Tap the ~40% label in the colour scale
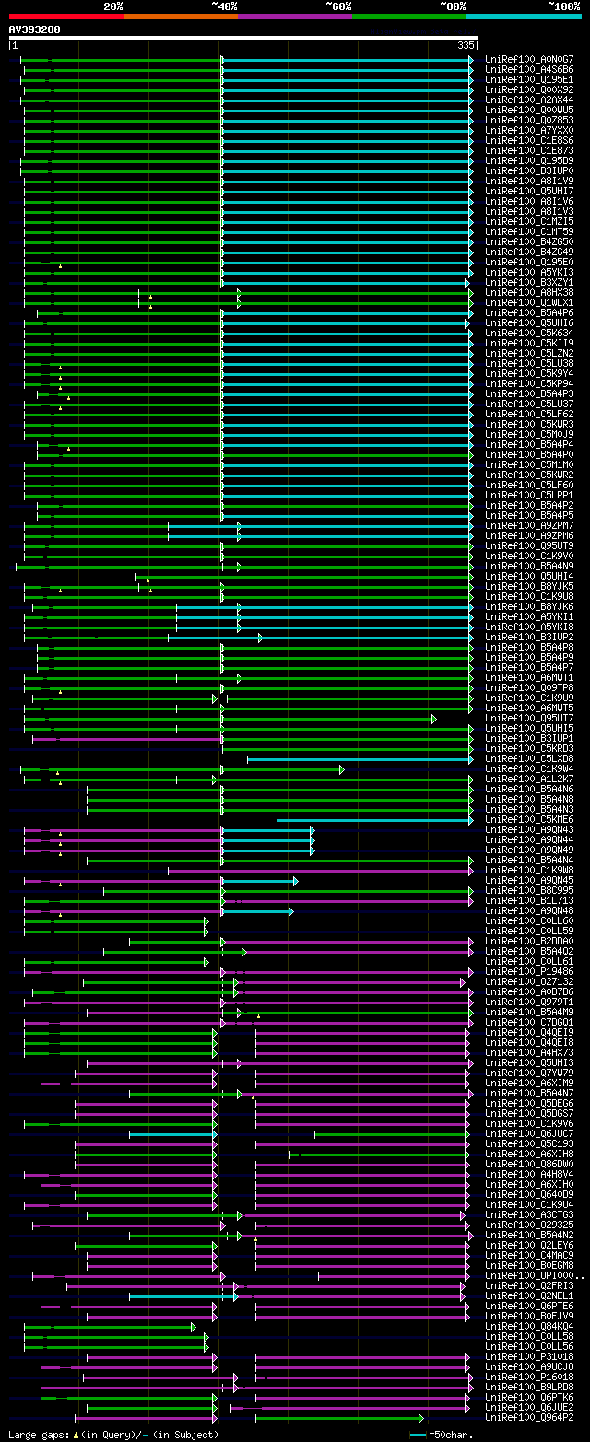point(224,6)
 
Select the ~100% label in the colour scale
point(564,6)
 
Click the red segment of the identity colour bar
point(65,17)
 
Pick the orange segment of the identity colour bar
point(180,17)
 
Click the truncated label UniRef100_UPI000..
point(533,1276)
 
